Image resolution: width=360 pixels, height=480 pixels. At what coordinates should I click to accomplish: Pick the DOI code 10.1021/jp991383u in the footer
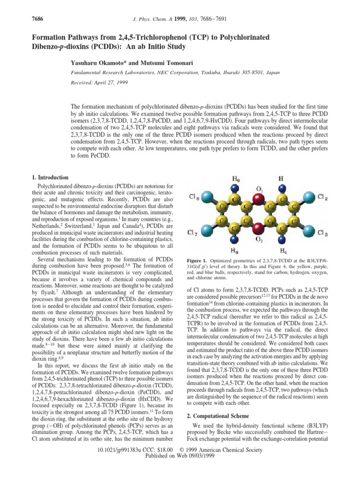[x=129, y=463]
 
